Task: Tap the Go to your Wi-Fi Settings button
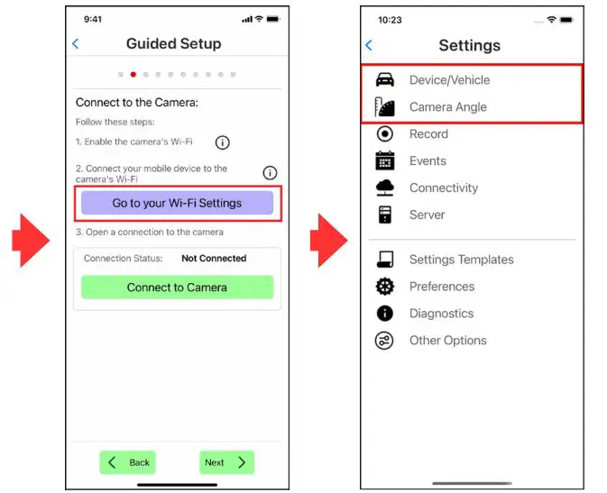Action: [177, 203]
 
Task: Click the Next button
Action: [226, 462]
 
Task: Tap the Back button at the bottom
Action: [127, 462]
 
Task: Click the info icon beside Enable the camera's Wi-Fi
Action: [222, 142]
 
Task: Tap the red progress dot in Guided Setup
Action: [133, 74]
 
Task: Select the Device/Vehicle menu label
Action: [449, 80]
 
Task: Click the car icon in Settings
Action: [385, 79]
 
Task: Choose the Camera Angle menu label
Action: [448, 107]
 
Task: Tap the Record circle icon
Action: [384, 134]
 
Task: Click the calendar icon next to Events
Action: [385, 160]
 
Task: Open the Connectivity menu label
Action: [444, 188]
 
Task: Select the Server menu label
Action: [427, 215]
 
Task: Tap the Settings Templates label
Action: [462, 260]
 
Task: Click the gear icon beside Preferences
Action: [385, 287]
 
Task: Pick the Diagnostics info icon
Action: [385, 314]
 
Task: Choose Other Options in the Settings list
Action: [448, 341]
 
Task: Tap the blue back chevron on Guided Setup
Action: [76, 44]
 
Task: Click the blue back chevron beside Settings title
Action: [369, 45]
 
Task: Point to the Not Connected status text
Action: [214, 258]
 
